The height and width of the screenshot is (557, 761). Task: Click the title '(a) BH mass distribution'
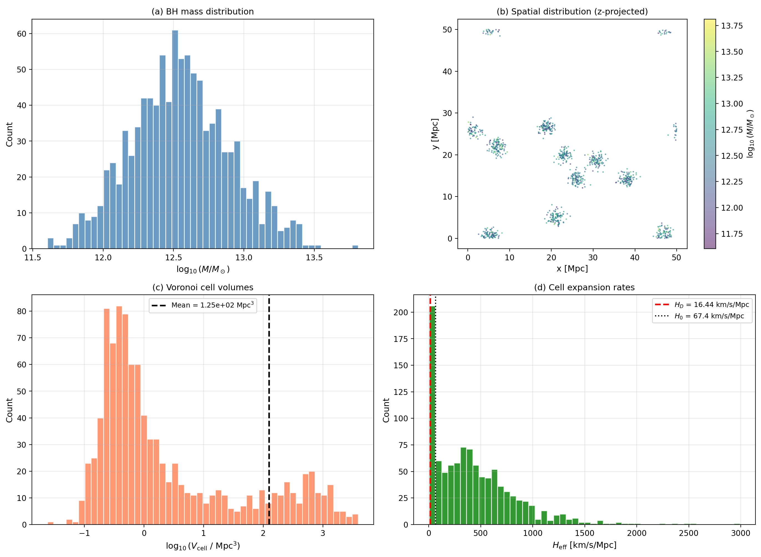[203, 11]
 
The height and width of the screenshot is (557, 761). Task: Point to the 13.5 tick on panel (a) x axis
[314, 258]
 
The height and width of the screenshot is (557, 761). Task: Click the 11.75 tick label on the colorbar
[732, 234]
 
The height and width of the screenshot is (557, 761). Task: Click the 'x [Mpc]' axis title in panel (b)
[572, 268]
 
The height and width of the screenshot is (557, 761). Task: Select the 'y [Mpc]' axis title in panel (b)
[435, 134]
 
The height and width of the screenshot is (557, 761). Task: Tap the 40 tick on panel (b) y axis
[447, 72]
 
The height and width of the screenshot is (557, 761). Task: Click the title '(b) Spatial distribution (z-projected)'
[572, 11]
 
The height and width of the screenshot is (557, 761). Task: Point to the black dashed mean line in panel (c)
[269, 405]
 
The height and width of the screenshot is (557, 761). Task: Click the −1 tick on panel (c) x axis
[84, 533]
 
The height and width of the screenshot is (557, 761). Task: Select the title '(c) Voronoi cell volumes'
[203, 287]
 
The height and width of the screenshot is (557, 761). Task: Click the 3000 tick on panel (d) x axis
[740, 533]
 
